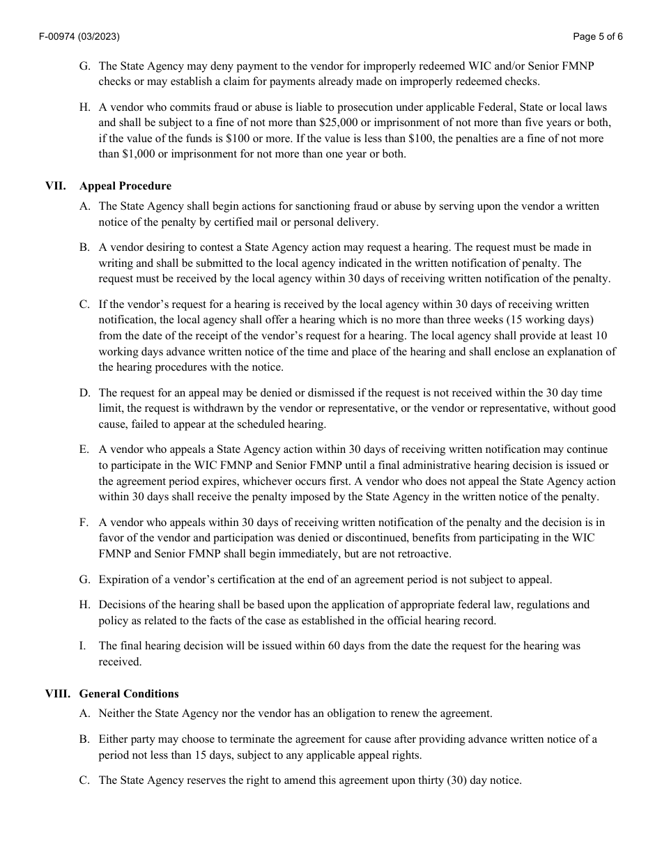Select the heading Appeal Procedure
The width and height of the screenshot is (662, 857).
(125, 186)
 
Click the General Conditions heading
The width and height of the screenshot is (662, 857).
(129, 694)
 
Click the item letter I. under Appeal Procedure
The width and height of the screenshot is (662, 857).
(83, 646)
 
